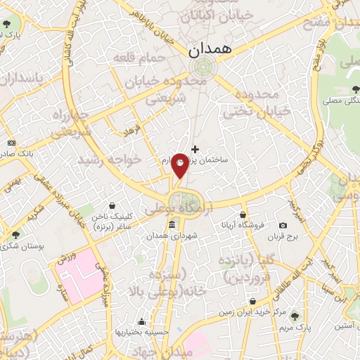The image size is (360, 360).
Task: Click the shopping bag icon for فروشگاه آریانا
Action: [x=243, y=214]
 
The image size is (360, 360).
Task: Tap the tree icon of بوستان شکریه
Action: [x=16, y=234]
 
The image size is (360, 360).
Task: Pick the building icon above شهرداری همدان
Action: [x=172, y=224]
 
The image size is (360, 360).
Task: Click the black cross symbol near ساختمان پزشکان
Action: [x=195, y=149]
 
